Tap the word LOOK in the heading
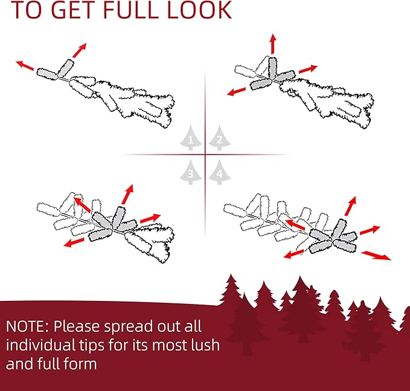(x=199, y=10)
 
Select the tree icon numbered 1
(x=191, y=138)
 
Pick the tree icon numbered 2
(x=220, y=138)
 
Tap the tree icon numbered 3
(x=191, y=172)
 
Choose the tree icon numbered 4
(x=220, y=172)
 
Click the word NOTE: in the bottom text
(x=27, y=326)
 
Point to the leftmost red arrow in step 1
(x=25, y=65)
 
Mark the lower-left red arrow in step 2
(x=236, y=92)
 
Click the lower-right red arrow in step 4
(x=376, y=256)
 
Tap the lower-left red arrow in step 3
(x=74, y=242)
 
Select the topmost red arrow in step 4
(x=350, y=206)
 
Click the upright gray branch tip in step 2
(x=273, y=68)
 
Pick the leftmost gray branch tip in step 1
(x=47, y=74)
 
